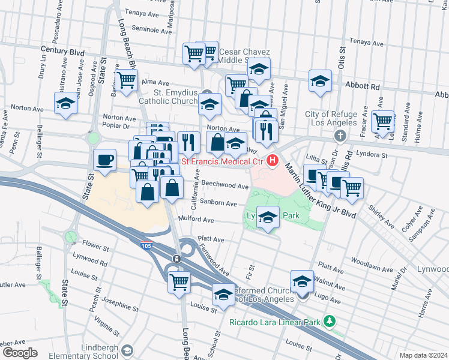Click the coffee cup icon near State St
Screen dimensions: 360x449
[x=105, y=160]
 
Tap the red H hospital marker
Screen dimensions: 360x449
[x=273, y=161]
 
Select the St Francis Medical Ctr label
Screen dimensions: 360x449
[x=223, y=161]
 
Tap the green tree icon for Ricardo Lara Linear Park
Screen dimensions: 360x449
[x=329, y=321]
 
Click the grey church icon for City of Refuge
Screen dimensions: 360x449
[x=340, y=136]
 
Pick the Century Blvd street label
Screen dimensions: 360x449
[x=62, y=52]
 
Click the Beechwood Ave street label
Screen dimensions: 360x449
[x=225, y=186]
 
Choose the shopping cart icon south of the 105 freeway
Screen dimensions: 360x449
[x=179, y=281]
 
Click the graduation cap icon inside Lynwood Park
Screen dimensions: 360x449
[x=268, y=217]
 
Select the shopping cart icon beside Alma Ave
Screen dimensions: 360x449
[x=126, y=80]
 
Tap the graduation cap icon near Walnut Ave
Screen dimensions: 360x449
[x=302, y=281]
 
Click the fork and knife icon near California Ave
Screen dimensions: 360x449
[x=189, y=142]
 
